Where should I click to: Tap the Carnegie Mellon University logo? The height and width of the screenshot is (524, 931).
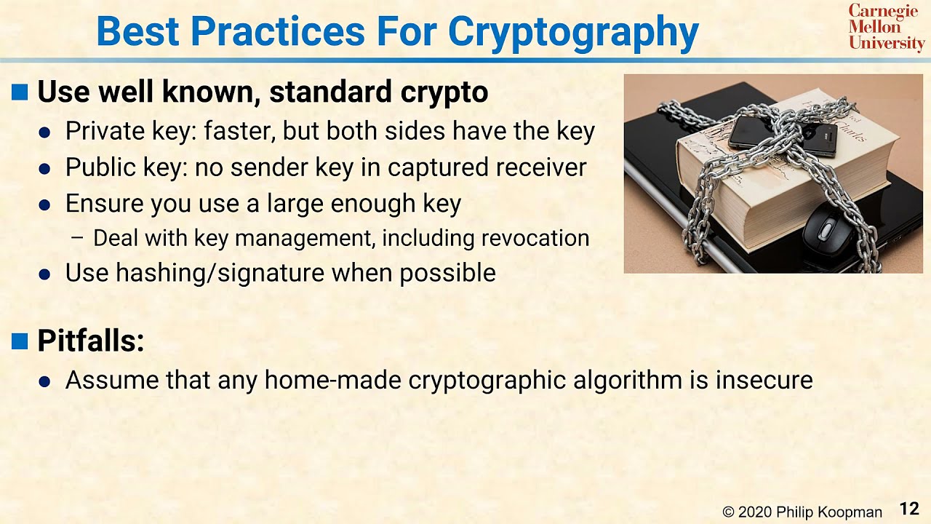886,27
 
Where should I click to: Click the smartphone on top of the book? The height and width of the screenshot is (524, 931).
783,134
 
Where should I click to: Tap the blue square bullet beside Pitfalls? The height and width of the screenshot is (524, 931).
20,341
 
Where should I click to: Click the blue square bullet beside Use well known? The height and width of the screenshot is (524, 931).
20,92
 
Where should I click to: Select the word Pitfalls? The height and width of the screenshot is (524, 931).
90,341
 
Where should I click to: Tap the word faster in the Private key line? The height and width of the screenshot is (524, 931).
238,132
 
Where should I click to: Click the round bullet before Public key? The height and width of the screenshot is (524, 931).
45,169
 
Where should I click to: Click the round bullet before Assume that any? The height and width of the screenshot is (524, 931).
45,381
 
